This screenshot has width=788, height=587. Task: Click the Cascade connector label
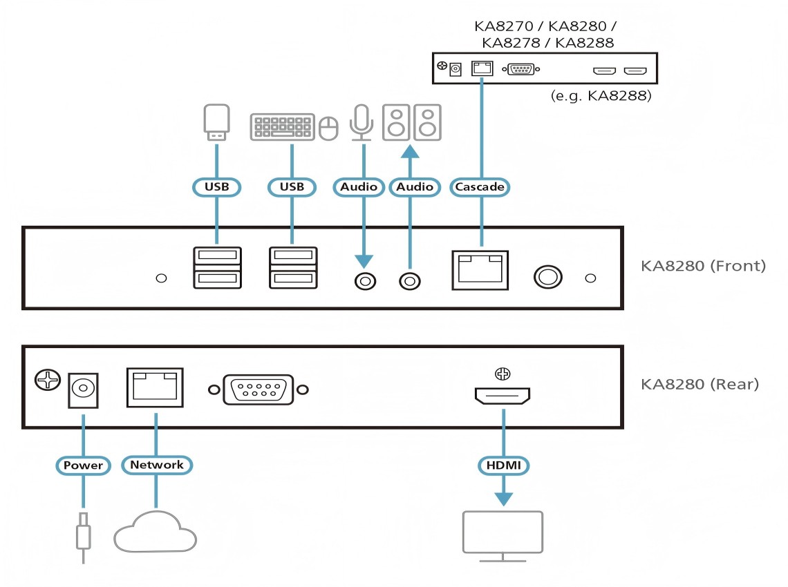[480, 186]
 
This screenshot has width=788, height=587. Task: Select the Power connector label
[83, 465]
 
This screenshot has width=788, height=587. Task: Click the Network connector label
[157, 465]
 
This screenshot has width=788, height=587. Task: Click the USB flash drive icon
[216, 122]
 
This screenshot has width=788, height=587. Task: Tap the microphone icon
[360, 123]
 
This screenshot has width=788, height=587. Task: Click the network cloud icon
[155, 532]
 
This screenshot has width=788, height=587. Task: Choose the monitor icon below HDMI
[503, 532]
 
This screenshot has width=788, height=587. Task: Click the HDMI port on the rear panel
[503, 396]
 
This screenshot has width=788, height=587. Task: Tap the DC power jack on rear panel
[82, 390]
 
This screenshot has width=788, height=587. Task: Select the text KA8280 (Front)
[702, 265]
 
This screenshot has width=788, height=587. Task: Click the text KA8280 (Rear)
[700, 384]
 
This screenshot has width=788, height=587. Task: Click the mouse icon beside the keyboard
[329, 128]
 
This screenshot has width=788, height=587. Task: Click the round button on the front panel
[547, 277]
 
